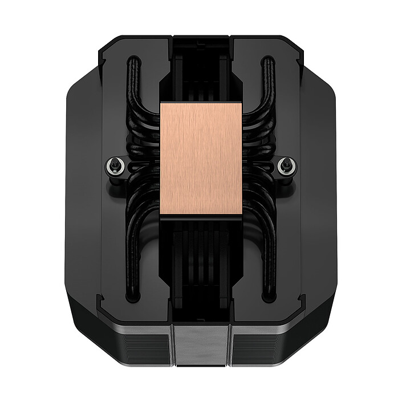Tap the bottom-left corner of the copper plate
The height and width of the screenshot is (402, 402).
point(163,213)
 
